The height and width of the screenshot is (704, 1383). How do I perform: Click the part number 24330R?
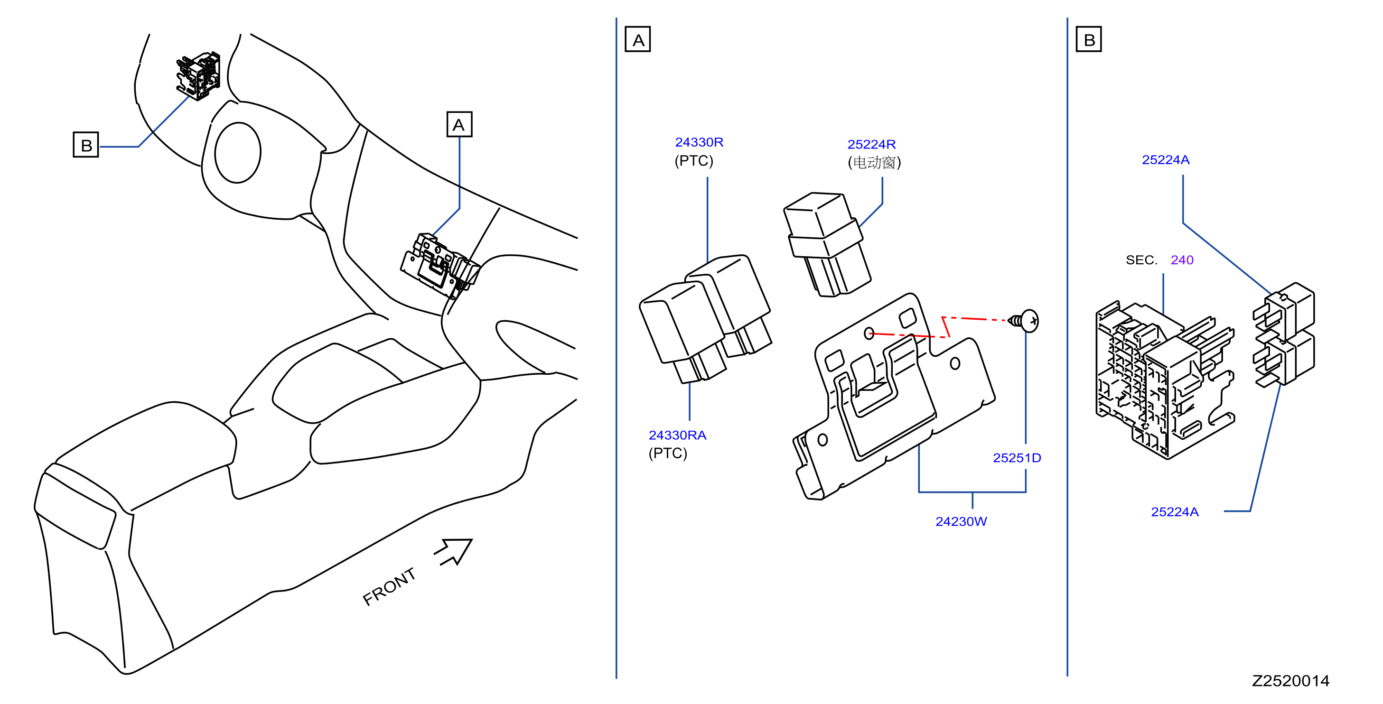click(699, 142)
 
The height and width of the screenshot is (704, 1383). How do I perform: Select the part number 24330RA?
click(678, 435)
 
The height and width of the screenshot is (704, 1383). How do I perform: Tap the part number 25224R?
click(871, 144)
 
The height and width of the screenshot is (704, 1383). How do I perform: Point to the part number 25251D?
click(1017, 458)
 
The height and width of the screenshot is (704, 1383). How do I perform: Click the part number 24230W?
click(961, 521)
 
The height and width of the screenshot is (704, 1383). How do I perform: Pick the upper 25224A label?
click(1166, 160)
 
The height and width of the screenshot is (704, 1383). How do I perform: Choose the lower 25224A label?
click(1175, 512)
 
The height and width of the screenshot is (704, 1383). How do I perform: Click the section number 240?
click(1182, 260)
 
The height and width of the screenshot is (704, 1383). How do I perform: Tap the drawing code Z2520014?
click(1290, 681)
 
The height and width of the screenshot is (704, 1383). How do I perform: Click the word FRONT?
click(389, 586)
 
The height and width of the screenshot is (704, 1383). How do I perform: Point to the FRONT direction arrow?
click(454, 551)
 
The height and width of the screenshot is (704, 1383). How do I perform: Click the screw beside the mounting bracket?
click(1024, 321)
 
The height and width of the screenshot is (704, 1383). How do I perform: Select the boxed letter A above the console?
click(459, 124)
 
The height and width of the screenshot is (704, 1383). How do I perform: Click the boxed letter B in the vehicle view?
click(86, 145)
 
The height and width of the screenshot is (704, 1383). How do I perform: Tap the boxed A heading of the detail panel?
click(638, 39)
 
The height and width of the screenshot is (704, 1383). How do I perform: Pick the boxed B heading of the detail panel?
click(1089, 39)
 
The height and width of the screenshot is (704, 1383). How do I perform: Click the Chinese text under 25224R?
click(874, 163)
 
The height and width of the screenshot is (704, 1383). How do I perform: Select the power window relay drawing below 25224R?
click(827, 245)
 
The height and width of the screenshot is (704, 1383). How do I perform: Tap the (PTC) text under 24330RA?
click(668, 454)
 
